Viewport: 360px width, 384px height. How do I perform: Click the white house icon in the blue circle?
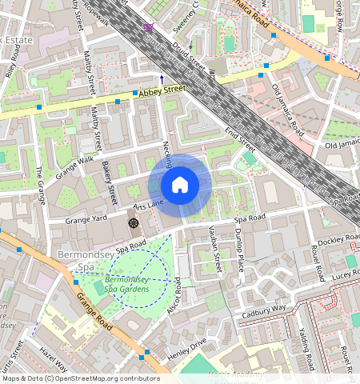point(180,185)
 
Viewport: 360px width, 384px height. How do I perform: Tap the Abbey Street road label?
point(162,94)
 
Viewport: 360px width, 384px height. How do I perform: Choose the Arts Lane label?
point(148,206)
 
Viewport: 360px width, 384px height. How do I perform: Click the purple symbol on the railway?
point(147,27)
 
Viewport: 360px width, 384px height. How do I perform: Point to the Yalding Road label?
point(303,345)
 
